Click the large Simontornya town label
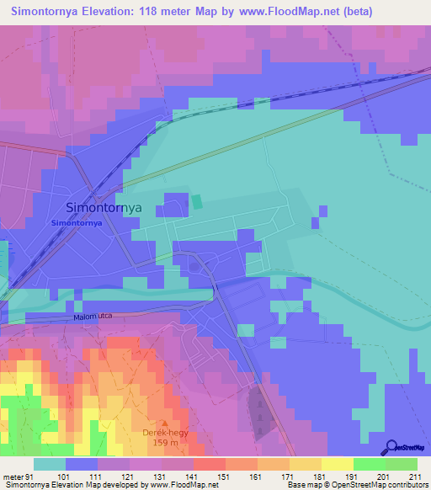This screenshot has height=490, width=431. click(104, 207)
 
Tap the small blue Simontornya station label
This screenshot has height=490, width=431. click(76, 223)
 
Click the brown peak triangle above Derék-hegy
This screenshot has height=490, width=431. click(165, 423)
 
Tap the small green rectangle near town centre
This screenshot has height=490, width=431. click(197, 202)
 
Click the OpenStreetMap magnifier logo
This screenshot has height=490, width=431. click(391, 447)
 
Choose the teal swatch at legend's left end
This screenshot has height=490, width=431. click(49, 464)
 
